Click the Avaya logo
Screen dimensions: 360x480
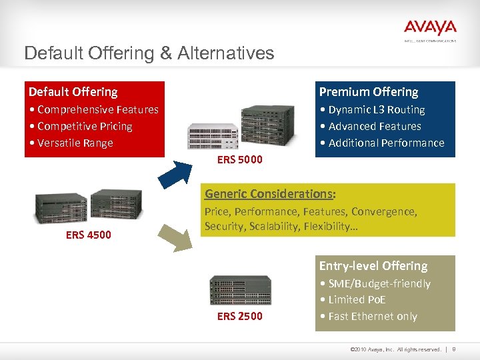[430, 29]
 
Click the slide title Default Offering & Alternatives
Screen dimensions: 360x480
[149, 53]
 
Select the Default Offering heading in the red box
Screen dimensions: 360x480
[73, 92]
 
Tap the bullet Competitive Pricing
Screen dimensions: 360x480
[85, 126]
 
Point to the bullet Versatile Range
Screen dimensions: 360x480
[75, 143]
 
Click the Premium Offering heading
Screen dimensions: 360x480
[368, 92]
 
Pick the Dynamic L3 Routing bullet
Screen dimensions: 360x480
[376, 109]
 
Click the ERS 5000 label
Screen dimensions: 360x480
[240, 159]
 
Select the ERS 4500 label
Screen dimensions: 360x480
[88, 235]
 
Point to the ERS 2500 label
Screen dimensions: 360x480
[240, 316]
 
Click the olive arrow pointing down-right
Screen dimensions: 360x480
[174, 237]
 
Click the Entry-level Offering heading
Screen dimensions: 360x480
[373, 266]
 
